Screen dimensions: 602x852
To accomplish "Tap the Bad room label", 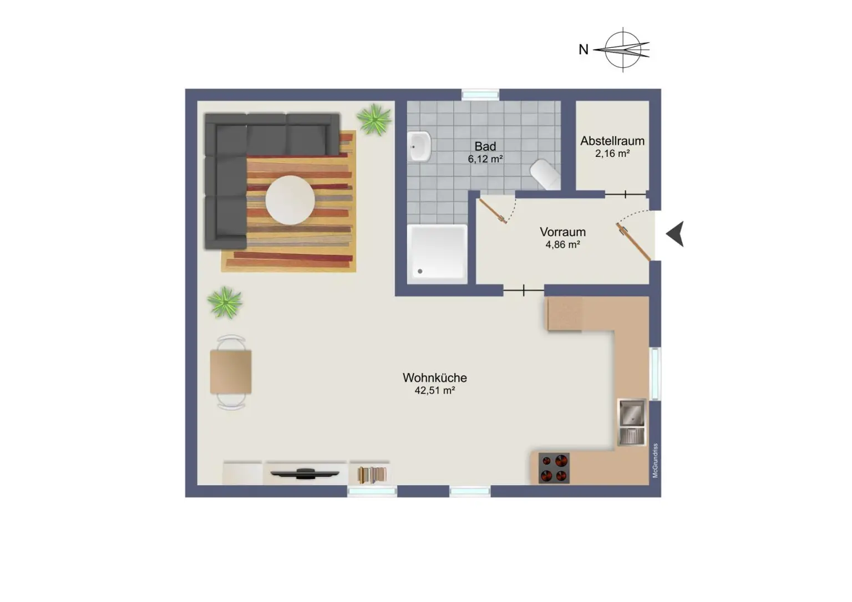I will [x=485, y=146].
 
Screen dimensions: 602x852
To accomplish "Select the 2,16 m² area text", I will [x=612, y=154].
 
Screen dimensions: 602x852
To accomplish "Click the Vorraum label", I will [x=562, y=232].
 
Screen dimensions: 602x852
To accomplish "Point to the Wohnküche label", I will [x=434, y=377].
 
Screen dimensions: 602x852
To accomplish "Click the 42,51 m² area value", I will [x=434, y=390].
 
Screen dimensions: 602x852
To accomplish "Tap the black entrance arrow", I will [x=675, y=234].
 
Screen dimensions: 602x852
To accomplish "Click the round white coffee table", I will [x=290, y=200].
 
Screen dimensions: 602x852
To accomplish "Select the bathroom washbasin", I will [x=419, y=146].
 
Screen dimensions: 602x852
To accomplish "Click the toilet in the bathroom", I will [x=545, y=174].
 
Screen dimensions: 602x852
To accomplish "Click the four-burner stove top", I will [x=554, y=468].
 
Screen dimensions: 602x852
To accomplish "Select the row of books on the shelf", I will [x=372, y=475].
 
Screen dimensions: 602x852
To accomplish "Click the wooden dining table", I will [x=231, y=371].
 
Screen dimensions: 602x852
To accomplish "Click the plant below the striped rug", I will [x=225, y=302].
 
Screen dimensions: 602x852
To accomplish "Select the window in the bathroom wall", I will [x=480, y=95].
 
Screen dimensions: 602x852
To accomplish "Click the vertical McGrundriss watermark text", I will [x=655, y=461].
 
